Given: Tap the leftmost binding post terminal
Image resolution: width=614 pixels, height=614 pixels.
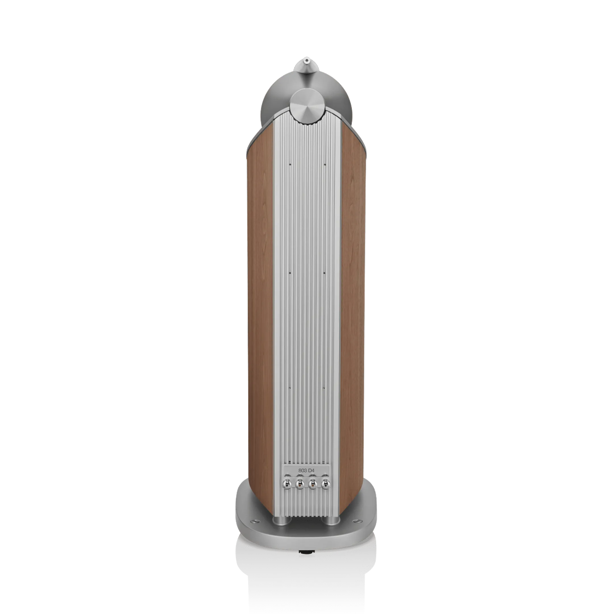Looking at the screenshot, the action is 287,492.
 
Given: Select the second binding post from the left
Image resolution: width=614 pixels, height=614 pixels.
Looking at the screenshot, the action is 300,492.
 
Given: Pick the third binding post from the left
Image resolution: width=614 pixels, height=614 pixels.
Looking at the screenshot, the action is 313,492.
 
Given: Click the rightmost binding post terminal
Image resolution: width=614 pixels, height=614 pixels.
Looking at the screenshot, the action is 325,492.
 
